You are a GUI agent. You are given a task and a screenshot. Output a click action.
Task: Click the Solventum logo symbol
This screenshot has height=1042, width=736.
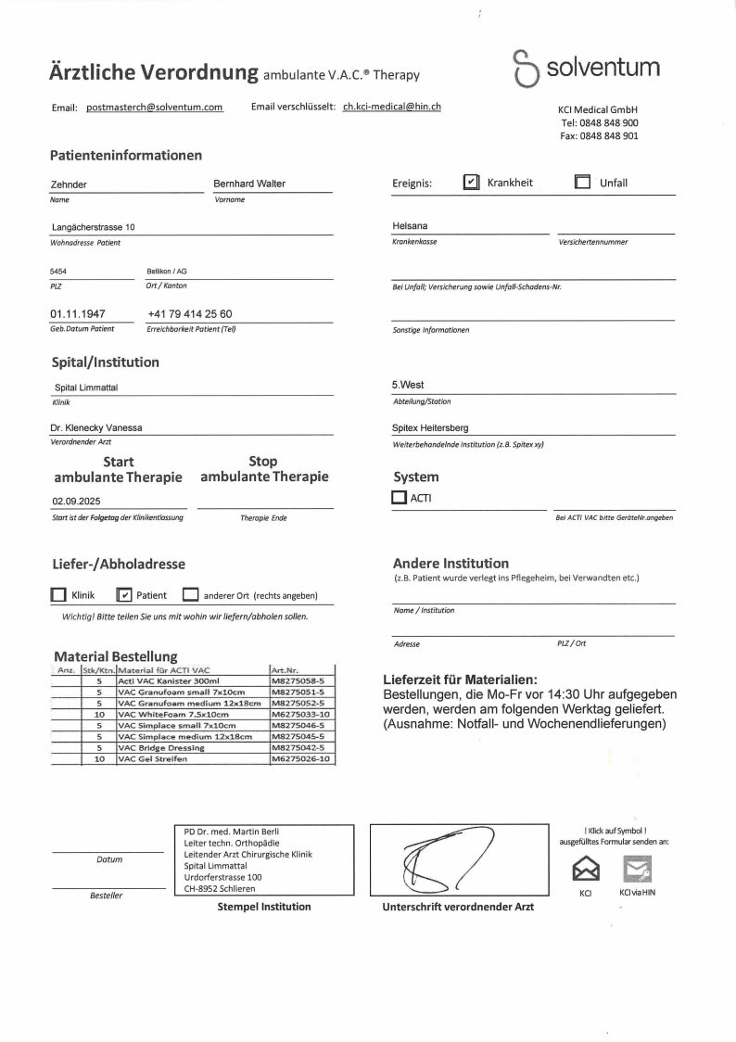pos(525,69)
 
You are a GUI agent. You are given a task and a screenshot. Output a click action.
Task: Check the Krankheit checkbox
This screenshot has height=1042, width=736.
pos(471,183)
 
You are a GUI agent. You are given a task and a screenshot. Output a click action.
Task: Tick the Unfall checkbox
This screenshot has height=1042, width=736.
pos(582,183)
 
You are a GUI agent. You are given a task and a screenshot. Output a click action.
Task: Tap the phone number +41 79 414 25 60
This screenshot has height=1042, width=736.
pos(189,314)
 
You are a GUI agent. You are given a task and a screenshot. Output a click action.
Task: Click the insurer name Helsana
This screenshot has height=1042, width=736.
pos(410,225)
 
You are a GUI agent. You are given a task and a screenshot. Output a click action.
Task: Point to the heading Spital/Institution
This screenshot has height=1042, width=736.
pos(105,362)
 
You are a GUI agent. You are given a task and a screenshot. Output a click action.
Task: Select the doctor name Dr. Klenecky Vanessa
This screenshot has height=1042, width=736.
pos(96,428)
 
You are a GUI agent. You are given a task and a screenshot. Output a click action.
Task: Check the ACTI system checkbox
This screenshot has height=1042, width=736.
pos(399,498)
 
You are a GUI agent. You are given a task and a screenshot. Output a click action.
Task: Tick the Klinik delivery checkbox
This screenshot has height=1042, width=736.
pos(57,595)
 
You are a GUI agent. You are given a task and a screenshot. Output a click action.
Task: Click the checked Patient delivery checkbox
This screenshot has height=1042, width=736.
pos(124,595)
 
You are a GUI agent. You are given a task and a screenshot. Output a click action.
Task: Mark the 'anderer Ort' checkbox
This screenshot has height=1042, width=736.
pos(190,595)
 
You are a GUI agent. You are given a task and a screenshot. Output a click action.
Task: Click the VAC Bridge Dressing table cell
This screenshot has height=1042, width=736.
pos(192,747)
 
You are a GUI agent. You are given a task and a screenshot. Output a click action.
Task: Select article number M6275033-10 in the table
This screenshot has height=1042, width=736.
pos(300,715)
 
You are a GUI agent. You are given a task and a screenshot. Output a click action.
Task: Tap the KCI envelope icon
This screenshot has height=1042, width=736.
pos(586,870)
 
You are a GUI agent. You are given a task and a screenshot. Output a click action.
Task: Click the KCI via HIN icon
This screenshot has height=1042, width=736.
pos(637,870)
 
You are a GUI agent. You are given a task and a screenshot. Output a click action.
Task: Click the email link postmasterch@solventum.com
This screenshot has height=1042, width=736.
pos(155,108)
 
